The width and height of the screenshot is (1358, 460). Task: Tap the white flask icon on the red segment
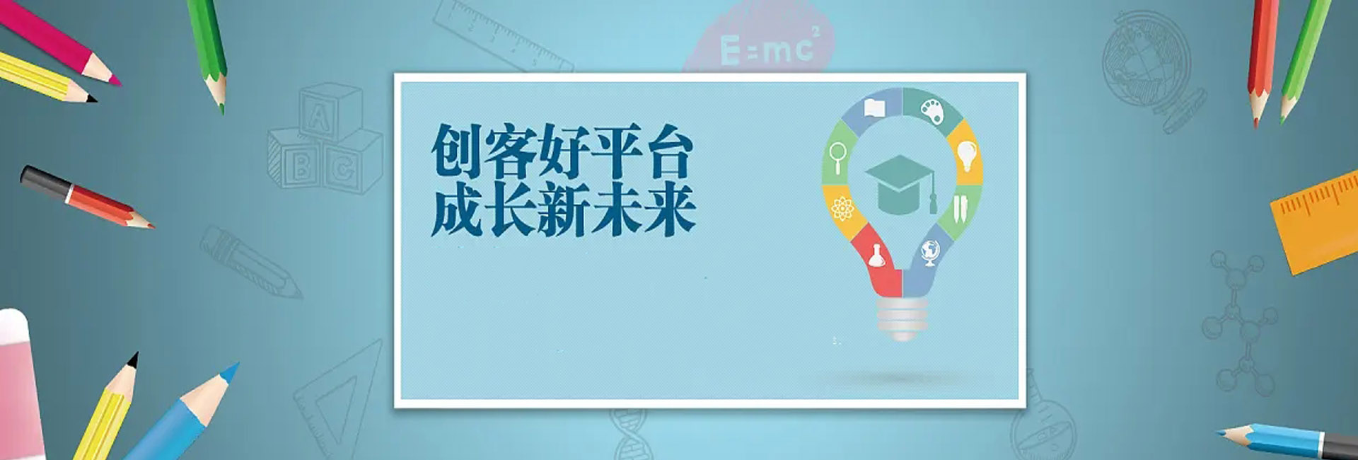click(x=877, y=255)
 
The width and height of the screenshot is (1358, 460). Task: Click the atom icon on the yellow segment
click(x=842, y=209)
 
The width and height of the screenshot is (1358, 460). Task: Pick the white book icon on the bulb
click(x=875, y=108)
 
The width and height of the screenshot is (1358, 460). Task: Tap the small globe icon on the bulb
click(x=930, y=253)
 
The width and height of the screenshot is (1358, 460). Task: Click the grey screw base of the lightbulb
click(x=902, y=318)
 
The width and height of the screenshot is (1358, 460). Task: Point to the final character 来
click(x=670, y=210)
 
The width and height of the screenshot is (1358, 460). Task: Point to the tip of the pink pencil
click(x=120, y=84)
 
